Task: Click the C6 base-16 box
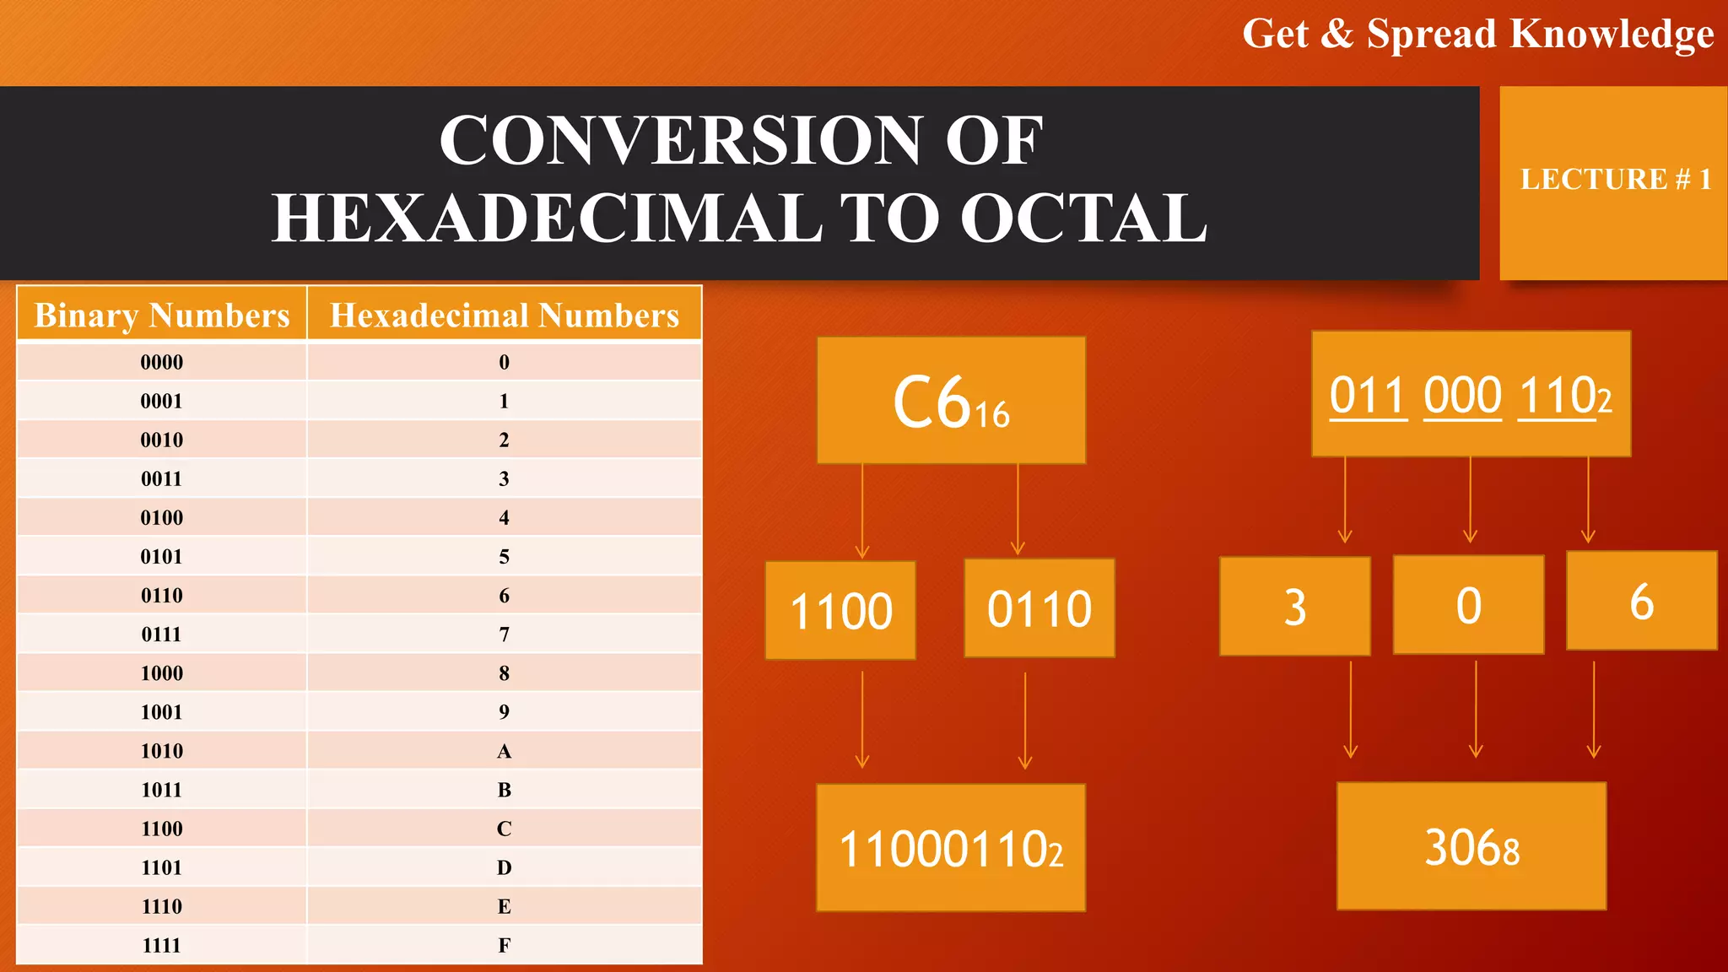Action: [x=951, y=400]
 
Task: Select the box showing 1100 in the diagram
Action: [x=840, y=610]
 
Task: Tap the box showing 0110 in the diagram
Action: [x=1039, y=608]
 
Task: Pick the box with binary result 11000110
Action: [x=951, y=847]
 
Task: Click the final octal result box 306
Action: [x=1471, y=846]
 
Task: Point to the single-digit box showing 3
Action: [x=1294, y=606]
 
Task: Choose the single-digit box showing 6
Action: [x=1641, y=601]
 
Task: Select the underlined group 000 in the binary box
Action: [x=1462, y=395]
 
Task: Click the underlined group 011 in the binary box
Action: [x=1368, y=395]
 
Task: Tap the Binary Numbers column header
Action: [x=161, y=315]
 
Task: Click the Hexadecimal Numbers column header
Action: [x=504, y=315]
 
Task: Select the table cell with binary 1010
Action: [x=161, y=751]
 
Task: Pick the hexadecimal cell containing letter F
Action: [x=504, y=945]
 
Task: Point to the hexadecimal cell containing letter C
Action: [x=504, y=829]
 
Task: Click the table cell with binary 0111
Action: [x=161, y=634]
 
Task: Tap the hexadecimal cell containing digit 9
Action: [x=504, y=712]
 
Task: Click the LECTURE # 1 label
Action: [x=1615, y=180]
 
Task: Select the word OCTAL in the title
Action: [x=1083, y=218]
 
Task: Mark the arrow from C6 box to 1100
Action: [x=861, y=510]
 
